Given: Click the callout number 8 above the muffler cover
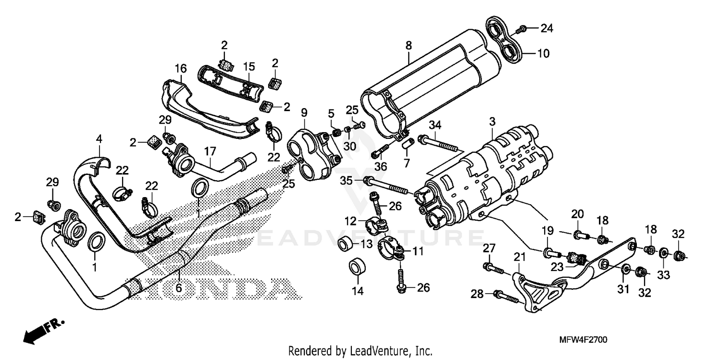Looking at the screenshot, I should tap(408, 46).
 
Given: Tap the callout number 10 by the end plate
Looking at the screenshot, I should tap(543, 53).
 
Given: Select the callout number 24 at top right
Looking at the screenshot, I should tap(546, 29).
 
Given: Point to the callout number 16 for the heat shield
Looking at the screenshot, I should tap(180, 70).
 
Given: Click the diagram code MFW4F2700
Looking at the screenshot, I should tap(583, 340).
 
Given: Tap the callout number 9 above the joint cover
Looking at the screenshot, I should tap(304, 113).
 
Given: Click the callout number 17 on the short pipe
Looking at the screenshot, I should tap(210, 151).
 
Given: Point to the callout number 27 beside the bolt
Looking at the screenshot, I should tap(488, 248).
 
